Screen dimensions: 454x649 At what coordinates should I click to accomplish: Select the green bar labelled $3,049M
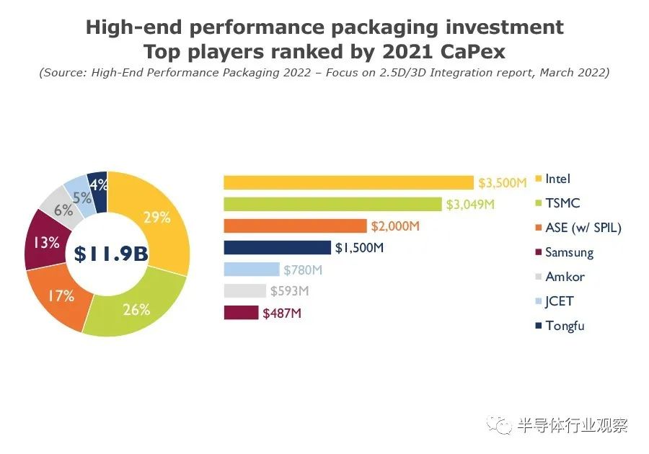tap(332, 204)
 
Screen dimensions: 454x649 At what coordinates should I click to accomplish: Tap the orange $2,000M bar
tap(295, 226)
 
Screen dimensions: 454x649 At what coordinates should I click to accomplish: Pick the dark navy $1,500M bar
tap(277, 247)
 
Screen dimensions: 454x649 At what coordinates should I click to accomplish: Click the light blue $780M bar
tap(251, 270)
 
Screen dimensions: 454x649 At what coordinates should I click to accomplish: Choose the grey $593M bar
tap(244, 291)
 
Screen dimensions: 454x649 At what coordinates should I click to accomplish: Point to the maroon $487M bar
tap(241, 313)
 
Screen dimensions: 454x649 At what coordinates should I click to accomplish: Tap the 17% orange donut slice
tap(61, 296)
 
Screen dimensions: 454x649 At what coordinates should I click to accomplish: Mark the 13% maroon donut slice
tap(45, 243)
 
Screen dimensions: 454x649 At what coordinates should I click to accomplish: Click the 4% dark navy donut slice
tap(97, 184)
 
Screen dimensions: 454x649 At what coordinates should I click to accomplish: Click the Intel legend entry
tap(557, 179)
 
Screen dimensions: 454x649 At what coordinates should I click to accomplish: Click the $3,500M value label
tap(503, 183)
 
